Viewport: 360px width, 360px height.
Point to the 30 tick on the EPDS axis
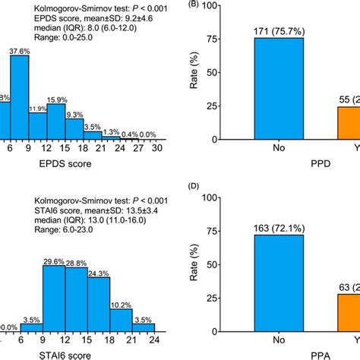[157, 150]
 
